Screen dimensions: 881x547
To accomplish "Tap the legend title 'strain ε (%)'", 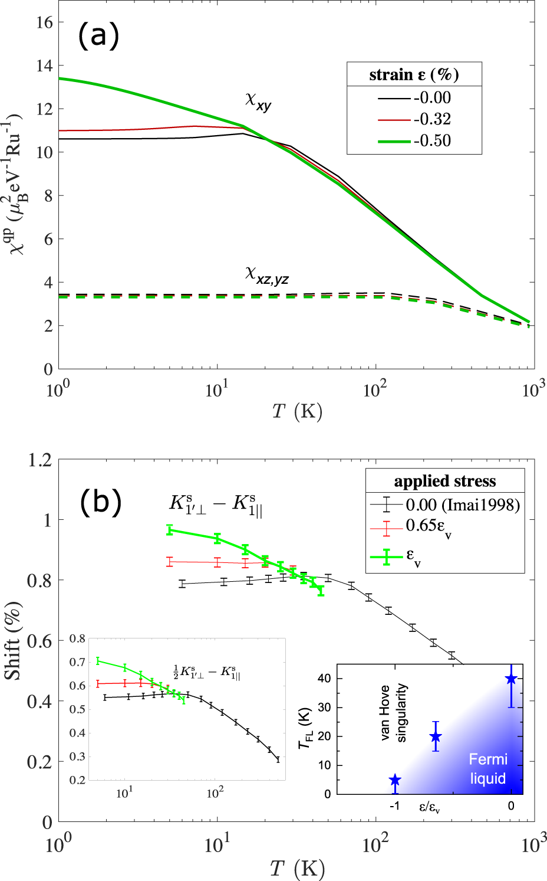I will [414, 75].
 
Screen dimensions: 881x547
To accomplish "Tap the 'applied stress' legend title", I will [444, 481].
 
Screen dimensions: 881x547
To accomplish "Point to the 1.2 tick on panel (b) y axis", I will [39, 460].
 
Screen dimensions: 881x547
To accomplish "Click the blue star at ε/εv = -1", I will [395, 780].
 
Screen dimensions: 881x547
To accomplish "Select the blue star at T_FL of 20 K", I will [436, 736].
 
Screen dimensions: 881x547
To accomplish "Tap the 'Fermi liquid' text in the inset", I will [488, 769].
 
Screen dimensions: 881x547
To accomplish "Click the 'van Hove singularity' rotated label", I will [393, 712].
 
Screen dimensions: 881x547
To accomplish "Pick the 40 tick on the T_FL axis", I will [324, 679].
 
